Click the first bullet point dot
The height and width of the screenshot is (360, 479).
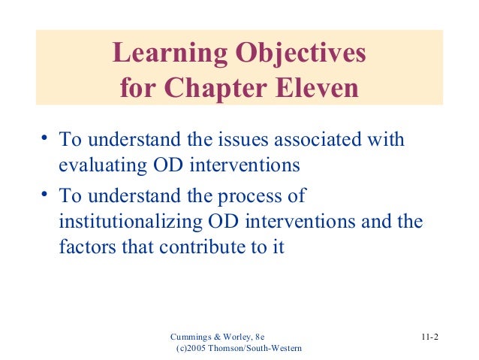pyautogui.click(x=46, y=137)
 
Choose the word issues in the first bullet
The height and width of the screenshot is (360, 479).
pyautogui.click(x=244, y=140)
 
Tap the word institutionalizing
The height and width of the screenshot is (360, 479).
pyautogui.click(x=127, y=223)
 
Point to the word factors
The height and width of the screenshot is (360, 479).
pyautogui.click(x=87, y=247)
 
